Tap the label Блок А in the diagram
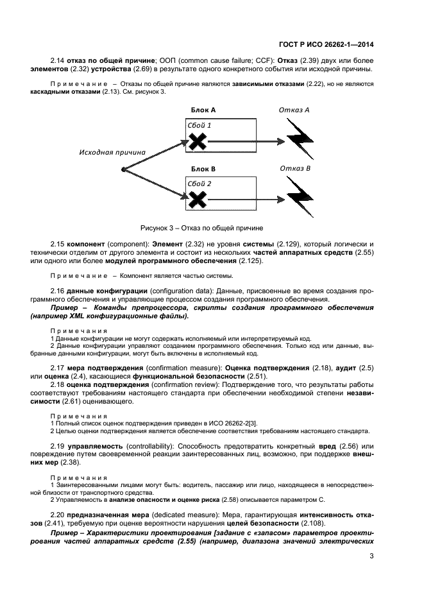point(203,110)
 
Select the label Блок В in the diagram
point(203,169)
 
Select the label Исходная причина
point(112,152)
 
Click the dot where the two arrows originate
point(122,169)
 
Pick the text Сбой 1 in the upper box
point(199,125)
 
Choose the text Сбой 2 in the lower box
point(199,184)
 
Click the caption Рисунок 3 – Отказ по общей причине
point(202,228)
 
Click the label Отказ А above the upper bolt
point(294,110)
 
